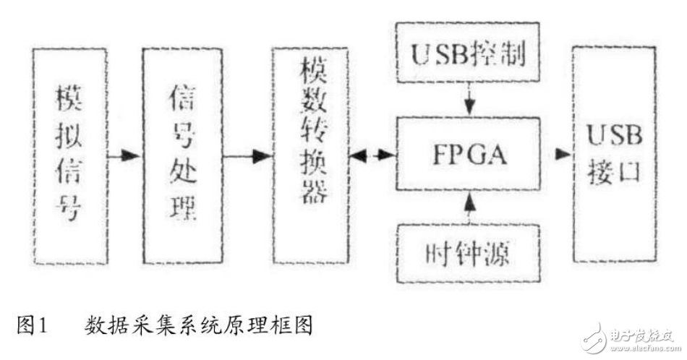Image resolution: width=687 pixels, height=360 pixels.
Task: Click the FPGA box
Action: (469, 154)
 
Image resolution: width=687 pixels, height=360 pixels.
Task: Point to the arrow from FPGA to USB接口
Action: (558, 155)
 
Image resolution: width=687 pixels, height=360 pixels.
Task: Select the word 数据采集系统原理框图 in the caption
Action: (199, 326)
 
